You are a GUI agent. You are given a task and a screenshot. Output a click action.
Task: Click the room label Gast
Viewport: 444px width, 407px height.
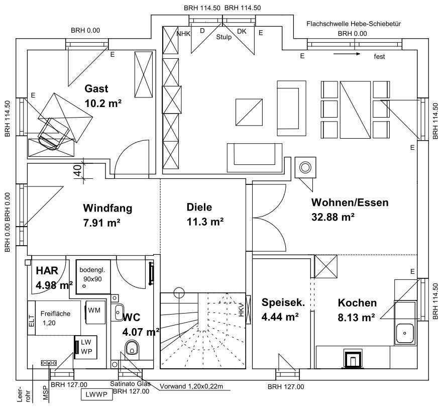pyautogui.click(x=96, y=89)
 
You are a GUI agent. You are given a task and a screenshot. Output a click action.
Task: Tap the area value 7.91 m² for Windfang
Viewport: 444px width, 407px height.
pyautogui.click(x=101, y=222)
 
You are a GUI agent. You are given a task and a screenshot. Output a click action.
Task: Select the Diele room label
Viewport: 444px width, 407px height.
pyautogui.click(x=199, y=207)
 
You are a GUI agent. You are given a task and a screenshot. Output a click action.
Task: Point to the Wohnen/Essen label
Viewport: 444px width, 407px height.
pyautogui.click(x=350, y=203)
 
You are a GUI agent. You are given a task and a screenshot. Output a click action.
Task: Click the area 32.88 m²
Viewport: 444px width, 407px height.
pyautogui.click(x=334, y=217)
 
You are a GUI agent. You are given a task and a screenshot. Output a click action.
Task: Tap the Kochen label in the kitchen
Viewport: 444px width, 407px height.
pyautogui.click(x=357, y=303)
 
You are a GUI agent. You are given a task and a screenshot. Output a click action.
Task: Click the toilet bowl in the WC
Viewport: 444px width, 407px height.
pyautogui.click(x=133, y=347)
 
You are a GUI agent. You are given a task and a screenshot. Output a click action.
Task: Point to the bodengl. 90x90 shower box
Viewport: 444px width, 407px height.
pyautogui.click(x=93, y=275)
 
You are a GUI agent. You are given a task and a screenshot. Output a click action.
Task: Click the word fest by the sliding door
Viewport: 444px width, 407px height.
pyautogui.click(x=379, y=57)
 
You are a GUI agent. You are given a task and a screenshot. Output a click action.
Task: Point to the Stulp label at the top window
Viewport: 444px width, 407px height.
pyautogui.click(x=224, y=37)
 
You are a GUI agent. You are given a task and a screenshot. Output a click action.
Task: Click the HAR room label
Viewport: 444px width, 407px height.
pyautogui.click(x=47, y=270)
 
